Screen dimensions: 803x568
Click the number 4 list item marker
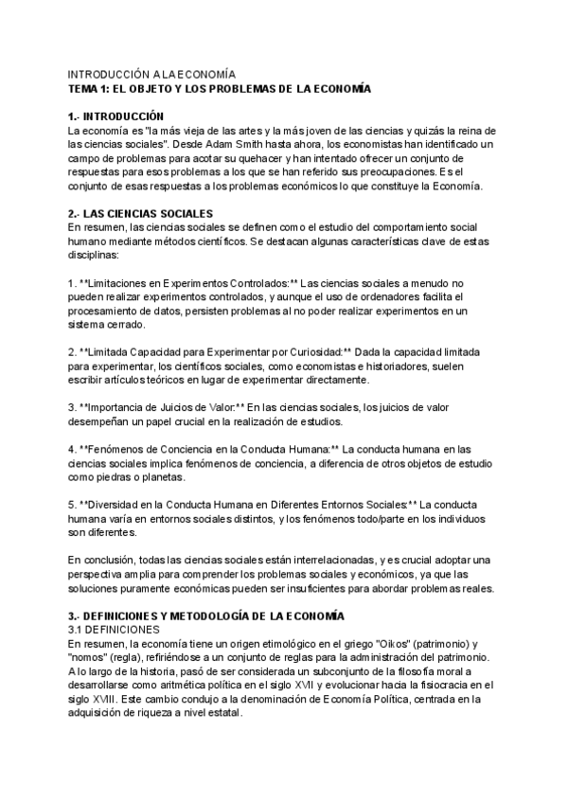tap(72, 450)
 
